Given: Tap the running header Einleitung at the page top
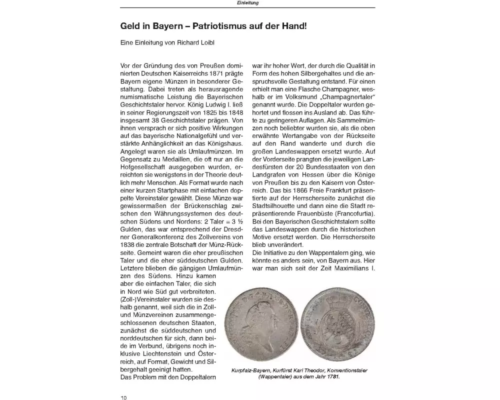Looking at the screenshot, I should click(247, 3).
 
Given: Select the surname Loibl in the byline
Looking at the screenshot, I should click(206, 43).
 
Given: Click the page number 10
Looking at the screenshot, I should click(123, 397).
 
